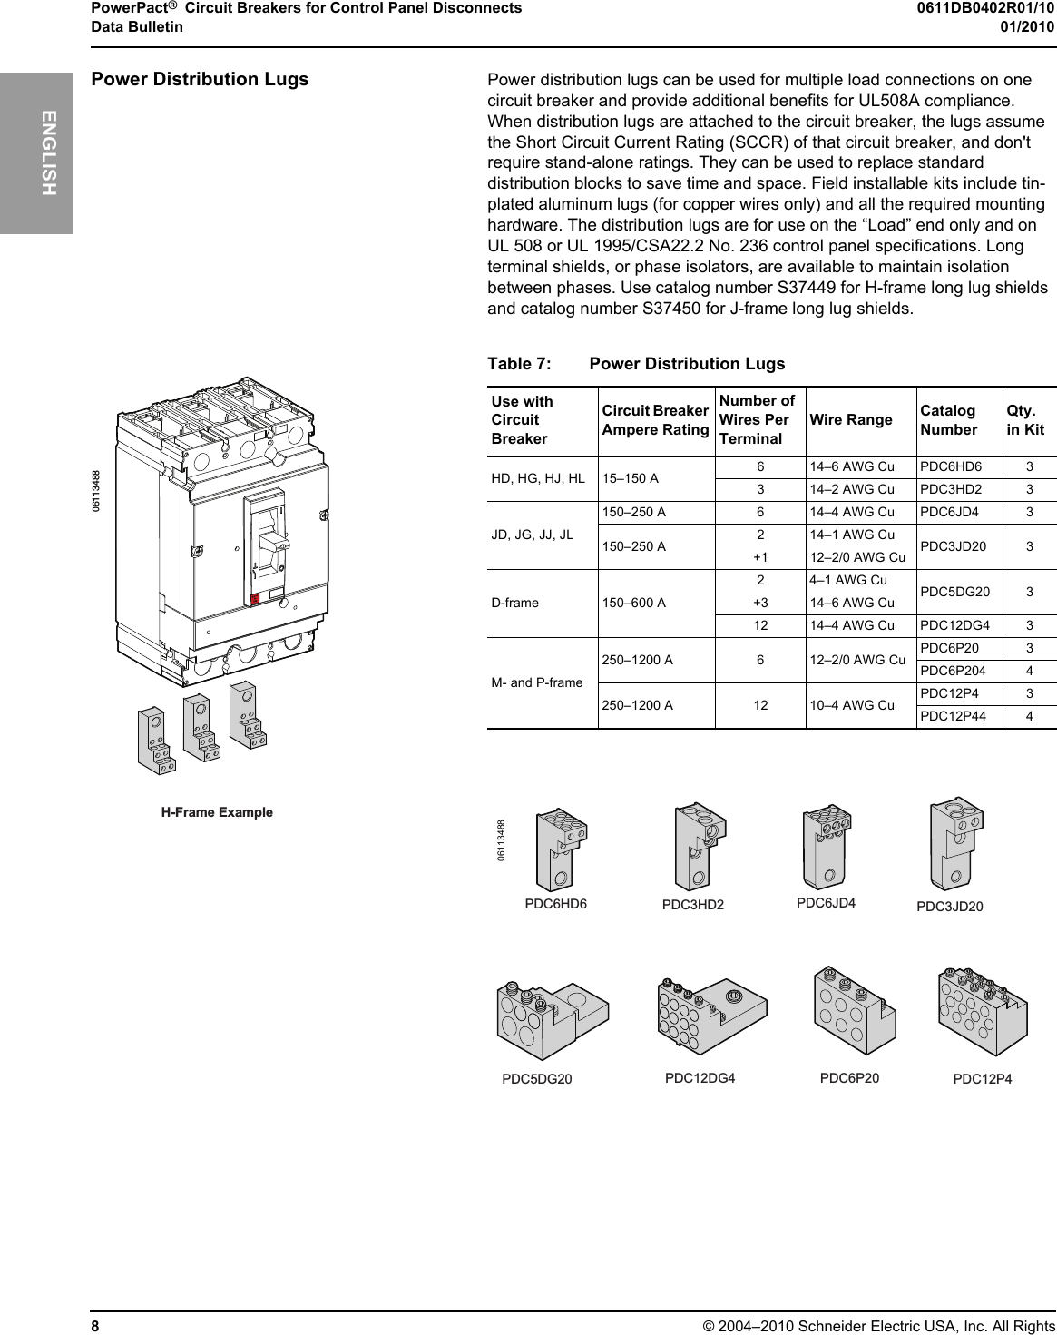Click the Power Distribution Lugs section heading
click(x=200, y=80)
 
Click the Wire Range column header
click(x=850, y=419)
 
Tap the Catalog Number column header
click(x=947, y=420)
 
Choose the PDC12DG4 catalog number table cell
click(x=954, y=625)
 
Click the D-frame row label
click(x=514, y=603)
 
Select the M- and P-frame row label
click(x=536, y=682)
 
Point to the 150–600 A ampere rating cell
click(x=634, y=603)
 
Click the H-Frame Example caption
click(x=217, y=812)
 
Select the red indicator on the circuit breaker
click(x=256, y=598)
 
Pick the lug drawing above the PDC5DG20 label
click(x=551, y=1020)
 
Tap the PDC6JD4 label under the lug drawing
click(x=826, y=903)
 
